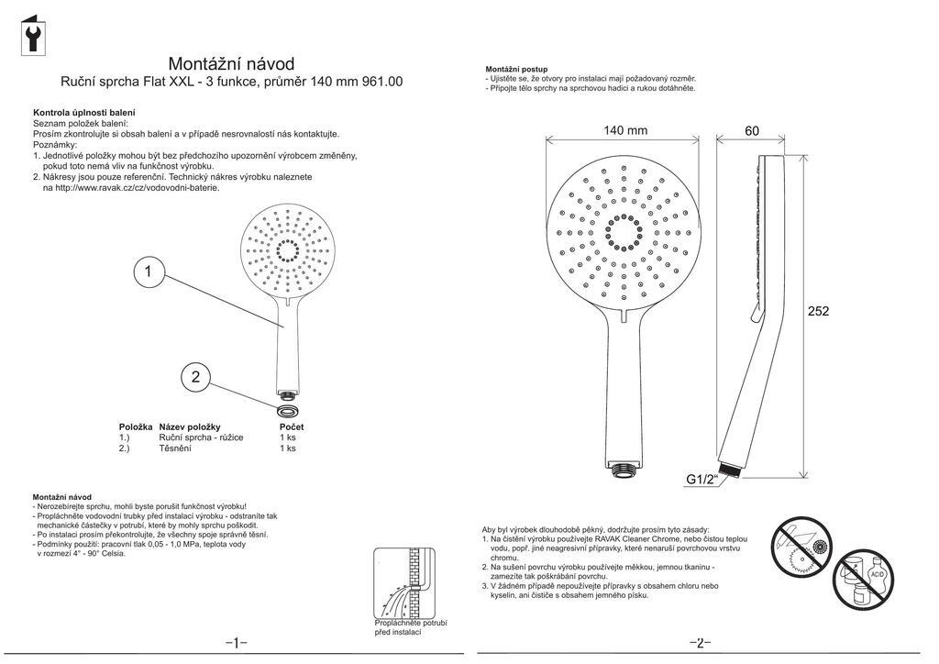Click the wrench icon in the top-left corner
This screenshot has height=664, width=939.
(34, 36)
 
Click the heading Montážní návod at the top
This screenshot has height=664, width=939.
(231, 63)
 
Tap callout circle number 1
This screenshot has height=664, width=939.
(149, 271)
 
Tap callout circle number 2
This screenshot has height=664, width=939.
(195, 376)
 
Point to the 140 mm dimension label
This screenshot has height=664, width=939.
(625, 130)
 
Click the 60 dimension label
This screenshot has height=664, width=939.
(752, 131)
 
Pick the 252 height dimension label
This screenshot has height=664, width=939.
(818, 311)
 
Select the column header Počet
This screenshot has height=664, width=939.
(292, 426)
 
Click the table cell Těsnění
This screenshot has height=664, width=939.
(175, 448)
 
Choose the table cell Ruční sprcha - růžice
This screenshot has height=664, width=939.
(201, 437)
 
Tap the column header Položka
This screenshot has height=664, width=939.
(136, 426)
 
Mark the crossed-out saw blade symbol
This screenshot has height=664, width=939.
(801, 548)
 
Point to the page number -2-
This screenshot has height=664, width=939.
(700, 642)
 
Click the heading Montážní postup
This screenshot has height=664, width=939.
(516, 69)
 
